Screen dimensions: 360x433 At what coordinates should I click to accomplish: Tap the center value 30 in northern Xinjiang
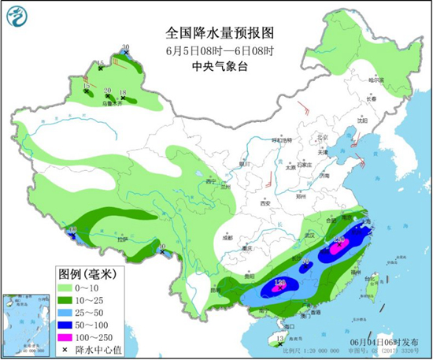pos(125,48)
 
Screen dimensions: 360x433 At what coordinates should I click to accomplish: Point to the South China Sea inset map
pos(24,324)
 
